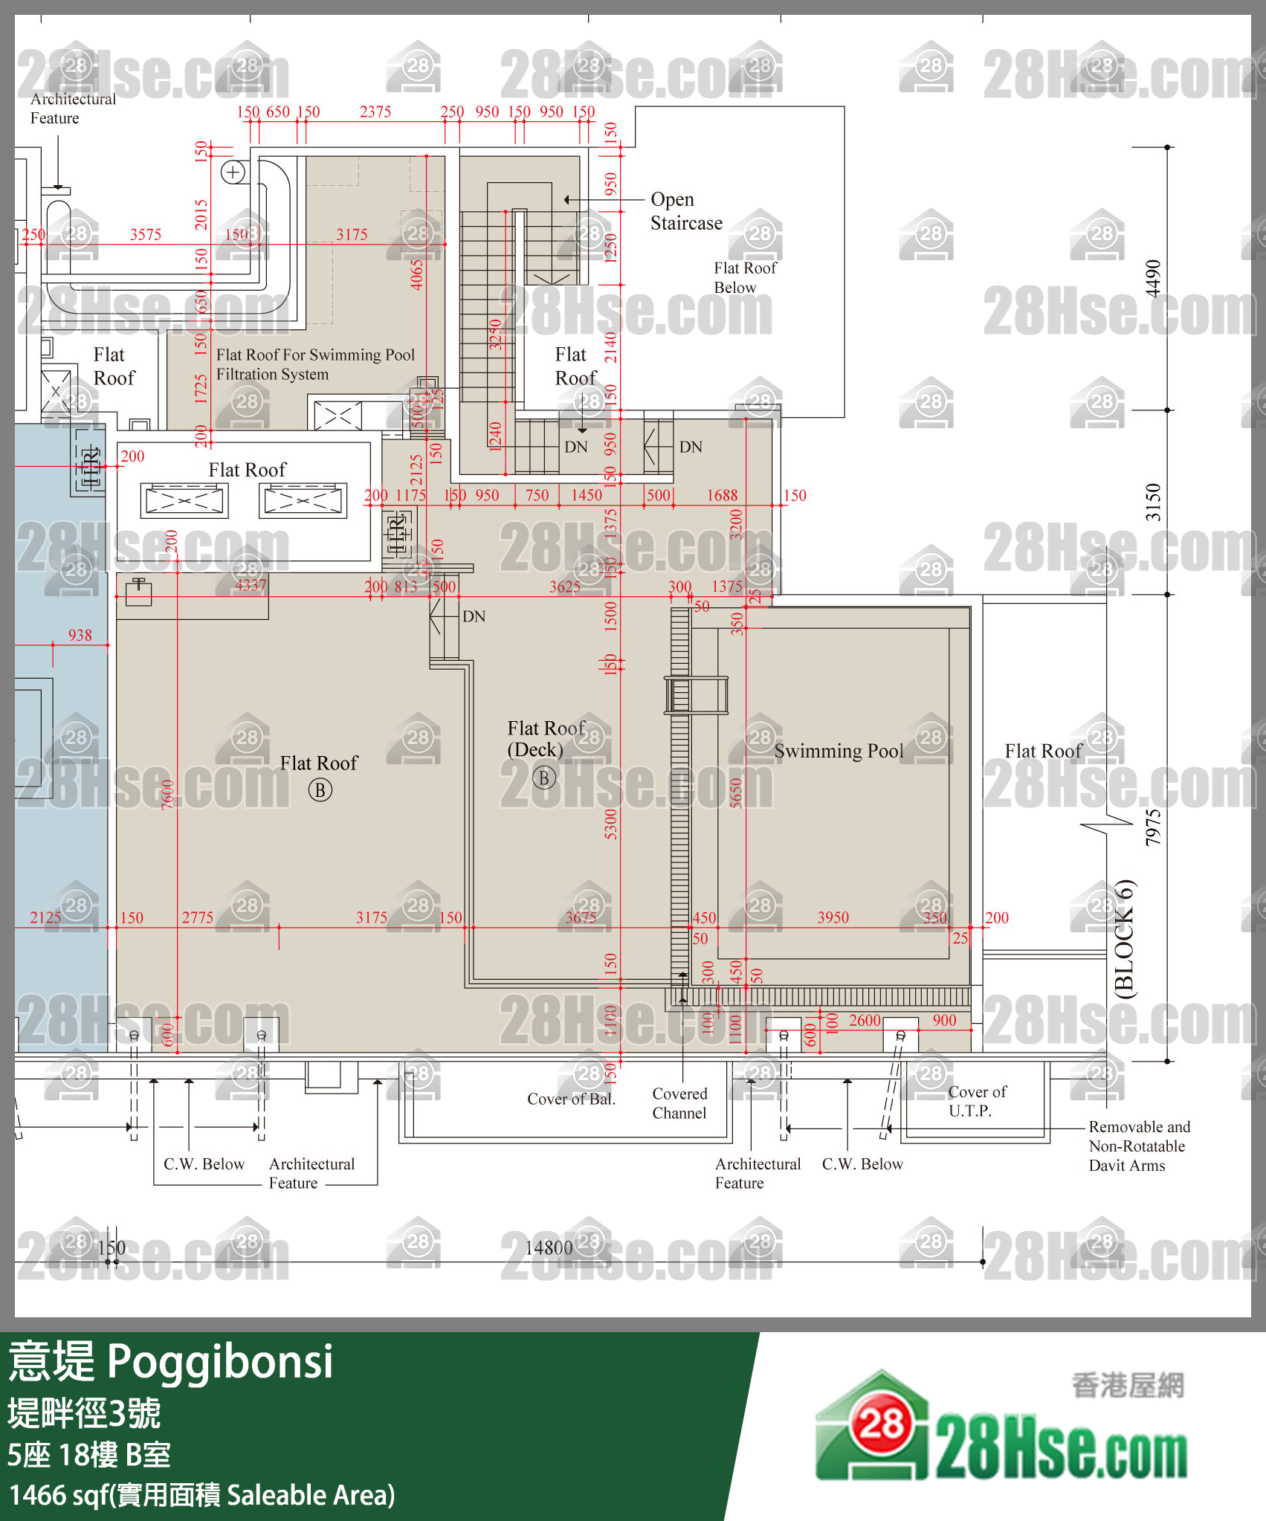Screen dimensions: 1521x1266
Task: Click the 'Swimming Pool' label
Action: (839, 751)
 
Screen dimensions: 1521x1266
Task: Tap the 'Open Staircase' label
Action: (685, 211)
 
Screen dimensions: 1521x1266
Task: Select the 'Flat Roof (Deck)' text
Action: (546, 738)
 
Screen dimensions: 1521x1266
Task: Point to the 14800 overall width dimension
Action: (549, 1247)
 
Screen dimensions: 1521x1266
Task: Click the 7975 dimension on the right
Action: (1152, 827)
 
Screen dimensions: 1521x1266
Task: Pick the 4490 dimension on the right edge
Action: (1152, 278)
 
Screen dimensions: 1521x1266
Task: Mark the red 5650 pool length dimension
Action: (736, 793)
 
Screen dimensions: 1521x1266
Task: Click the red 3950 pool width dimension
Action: (833, 917)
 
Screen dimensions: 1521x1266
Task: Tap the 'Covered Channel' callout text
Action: (679, 1103)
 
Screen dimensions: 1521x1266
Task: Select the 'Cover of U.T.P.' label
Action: (977, 1101)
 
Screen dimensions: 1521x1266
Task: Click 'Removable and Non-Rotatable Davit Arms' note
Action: (1139, 1146)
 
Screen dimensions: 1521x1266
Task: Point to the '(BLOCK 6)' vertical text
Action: (1125, 938)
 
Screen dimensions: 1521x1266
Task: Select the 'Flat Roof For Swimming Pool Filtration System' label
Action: (315, 364)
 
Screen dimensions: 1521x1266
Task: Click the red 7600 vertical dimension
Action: (167, 793)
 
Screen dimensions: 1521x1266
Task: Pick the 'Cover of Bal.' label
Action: (571, 1099)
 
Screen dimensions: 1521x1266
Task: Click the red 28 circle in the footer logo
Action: (882, 1424)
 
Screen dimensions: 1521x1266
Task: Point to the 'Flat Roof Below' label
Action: (745, 277)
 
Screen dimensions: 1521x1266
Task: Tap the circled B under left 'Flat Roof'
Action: (320, 790)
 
